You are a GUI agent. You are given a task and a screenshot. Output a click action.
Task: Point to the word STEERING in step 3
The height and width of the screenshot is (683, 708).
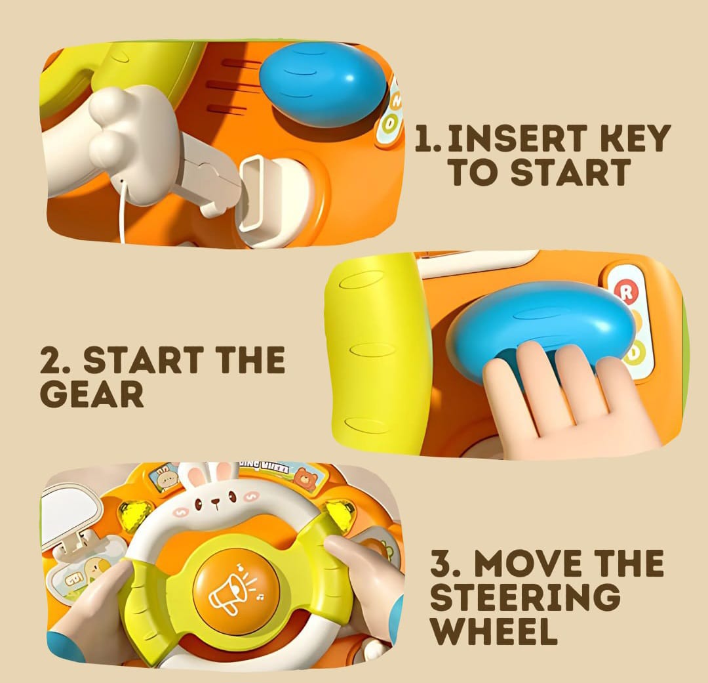pyautogui.click(x=524, y=596)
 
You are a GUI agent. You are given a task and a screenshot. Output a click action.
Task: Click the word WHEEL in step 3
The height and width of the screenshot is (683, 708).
pyautogui.click(x=494, y=631)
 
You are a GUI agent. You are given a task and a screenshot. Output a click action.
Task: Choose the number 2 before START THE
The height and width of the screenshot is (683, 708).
pyautogui.click(x=51, y=360)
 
